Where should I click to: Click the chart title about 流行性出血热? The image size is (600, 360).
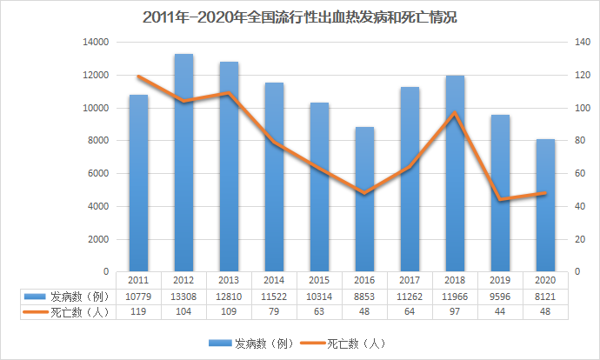pyautogui.click(x=299, y=17)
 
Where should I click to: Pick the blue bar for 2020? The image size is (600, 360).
pyautogui.click(x=545, y=204)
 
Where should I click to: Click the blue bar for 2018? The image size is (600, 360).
pyautogui.click(x=455, y=173)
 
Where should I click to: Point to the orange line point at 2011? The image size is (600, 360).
pyautogui.click(x=138, y=77)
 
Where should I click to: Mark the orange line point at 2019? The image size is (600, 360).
pyautogui.click(x=500, y=200)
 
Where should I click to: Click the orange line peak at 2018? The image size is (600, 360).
pyautogui.click(x=455, y=113)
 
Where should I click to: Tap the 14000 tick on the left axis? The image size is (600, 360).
pyautogui.click(x=96, y=42)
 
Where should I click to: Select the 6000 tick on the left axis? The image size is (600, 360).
pyautogui.click(x=98, y=173)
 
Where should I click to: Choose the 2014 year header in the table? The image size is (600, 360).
pyautogui.click(x=274, y=281)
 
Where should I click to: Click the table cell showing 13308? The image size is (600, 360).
pyautogui.click(x=183, y=297)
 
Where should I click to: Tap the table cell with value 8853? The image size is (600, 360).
pyautogui.click(x=365, y=297)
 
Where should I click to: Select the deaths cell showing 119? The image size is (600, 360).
pyautogui.click(x=138, y=312)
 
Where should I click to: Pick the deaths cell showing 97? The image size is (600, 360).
pyautogui.click(x=455, y=312)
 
